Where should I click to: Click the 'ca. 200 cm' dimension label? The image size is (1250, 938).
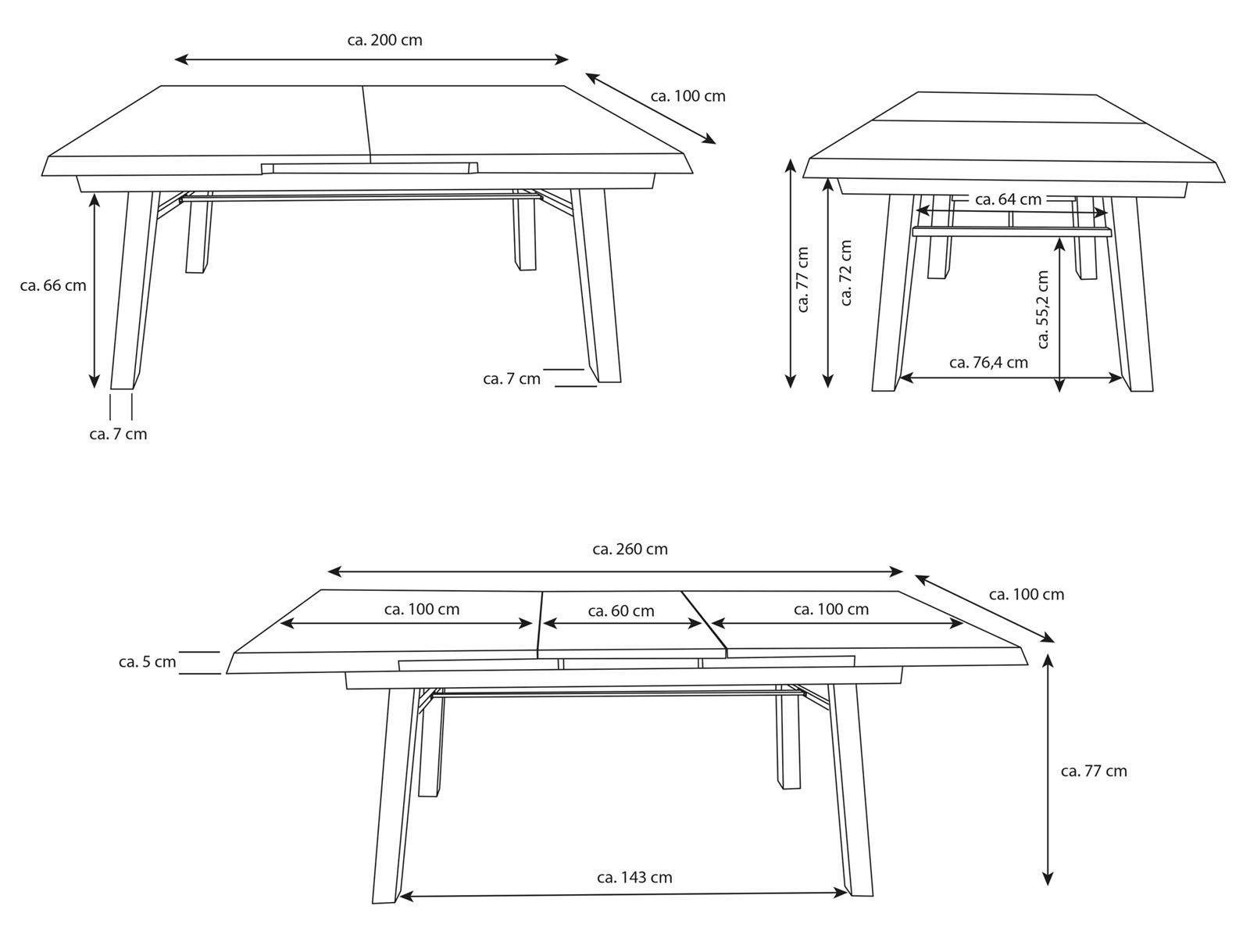[x=385, y=41]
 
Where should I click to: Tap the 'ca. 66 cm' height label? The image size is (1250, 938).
[x=53, y=285]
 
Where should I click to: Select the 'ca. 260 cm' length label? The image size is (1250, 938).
[x=630, y=549]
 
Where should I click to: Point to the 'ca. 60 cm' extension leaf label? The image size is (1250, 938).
[x=621, y=611]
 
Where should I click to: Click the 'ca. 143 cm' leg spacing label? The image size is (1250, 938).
[x=634, y=877]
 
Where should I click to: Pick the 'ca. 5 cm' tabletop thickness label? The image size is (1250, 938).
[x=147, y=662]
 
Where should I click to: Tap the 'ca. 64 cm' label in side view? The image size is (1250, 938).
[x=1008, y=199]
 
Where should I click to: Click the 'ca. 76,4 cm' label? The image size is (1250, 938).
[x=988, y=362]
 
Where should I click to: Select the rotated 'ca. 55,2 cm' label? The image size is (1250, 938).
[x=1043, y=310]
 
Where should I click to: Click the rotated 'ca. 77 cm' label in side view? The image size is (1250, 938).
[x=803, y=279]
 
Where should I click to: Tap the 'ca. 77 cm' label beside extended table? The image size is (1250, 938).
[x=1094, y=772]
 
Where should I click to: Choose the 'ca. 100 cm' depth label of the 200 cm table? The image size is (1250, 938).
[x=688, y=96]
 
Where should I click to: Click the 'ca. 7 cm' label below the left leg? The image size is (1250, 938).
[x=118, y=434]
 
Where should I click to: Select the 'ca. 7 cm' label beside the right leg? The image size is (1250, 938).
[x=512, y=379]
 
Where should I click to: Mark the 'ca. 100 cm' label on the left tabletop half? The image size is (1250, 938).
[x=421, y=610]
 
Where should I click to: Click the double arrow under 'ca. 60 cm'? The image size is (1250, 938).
[x=621, y=624]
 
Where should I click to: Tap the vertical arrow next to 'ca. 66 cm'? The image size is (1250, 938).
[x=95, y=291]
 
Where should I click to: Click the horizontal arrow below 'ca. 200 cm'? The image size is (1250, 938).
[x=371, y=59]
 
